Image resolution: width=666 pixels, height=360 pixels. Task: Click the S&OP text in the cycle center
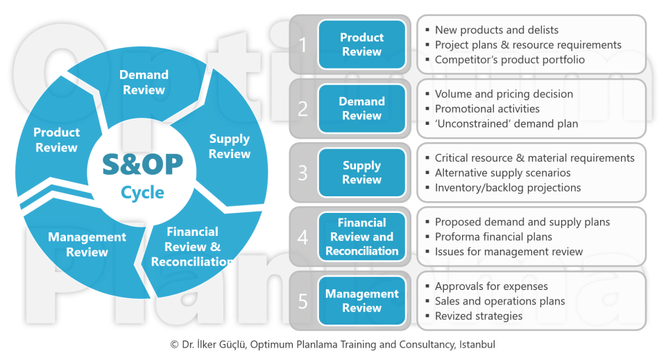tap(143, 164)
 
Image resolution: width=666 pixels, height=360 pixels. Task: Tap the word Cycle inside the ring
tap(143, 192)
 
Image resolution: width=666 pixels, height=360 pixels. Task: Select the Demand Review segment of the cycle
tap(144, 82)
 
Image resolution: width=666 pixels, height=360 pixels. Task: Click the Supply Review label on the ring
tap(230, 146)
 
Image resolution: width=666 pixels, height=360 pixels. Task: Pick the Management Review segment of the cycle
tap(87, 244)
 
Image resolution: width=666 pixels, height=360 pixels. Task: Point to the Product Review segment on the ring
tap(57, 139)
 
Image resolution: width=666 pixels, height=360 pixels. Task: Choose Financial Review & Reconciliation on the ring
tap(193, 246)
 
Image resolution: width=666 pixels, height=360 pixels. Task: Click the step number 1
tap(302, 45)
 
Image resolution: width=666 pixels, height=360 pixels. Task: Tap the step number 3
tap(302, 173)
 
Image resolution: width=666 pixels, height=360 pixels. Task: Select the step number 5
tap(302, 301)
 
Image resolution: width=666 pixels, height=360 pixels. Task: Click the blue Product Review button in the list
tap(361, 44)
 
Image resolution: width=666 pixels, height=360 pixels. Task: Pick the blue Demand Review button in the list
tap(361, 108)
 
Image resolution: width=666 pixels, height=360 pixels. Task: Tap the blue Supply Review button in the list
tap(361, 173)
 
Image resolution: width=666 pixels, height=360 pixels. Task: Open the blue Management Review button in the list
tap(361, 300)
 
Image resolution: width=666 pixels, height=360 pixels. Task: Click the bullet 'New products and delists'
tap(496, 30)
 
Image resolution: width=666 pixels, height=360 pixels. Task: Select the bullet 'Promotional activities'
tap(487, 109)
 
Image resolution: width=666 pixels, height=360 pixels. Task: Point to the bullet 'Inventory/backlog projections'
tap(508, 187)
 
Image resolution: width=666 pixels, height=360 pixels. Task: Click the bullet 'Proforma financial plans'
tap(493, 237)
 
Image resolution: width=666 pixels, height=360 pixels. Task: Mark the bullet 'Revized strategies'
tap(479, 316)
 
